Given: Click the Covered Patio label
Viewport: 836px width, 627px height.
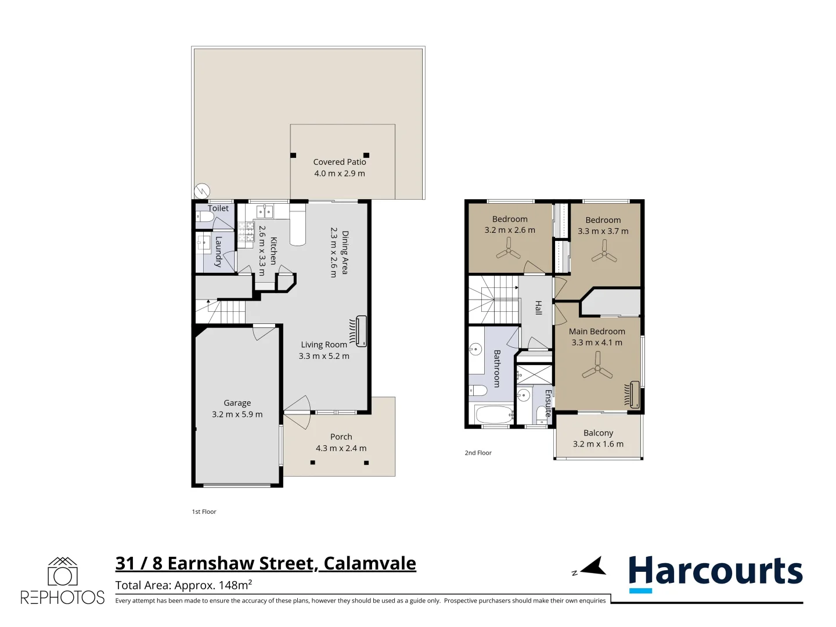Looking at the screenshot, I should point(340,162).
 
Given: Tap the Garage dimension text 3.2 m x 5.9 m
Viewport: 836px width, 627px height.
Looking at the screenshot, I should point(237,415).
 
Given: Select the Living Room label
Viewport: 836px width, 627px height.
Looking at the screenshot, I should point(323,345).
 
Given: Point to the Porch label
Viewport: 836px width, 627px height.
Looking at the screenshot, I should point(341,437).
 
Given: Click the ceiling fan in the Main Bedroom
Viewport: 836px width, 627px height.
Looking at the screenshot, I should point(597,372).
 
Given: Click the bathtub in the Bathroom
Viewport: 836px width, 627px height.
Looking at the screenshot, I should point(493,415).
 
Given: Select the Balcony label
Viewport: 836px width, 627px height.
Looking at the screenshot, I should point(598,433).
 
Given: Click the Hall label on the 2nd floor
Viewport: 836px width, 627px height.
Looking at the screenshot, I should point(538,308).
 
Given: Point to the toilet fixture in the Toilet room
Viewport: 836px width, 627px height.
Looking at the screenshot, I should point(205,218).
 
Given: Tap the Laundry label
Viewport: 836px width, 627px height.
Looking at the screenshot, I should point(218,251).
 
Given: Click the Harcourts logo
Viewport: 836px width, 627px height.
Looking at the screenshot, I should point(715,572).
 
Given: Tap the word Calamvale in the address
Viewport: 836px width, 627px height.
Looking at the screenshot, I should point(369,563).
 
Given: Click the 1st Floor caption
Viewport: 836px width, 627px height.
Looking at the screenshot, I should point(204,511).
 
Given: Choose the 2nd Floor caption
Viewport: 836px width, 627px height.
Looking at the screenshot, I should point(478,453).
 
